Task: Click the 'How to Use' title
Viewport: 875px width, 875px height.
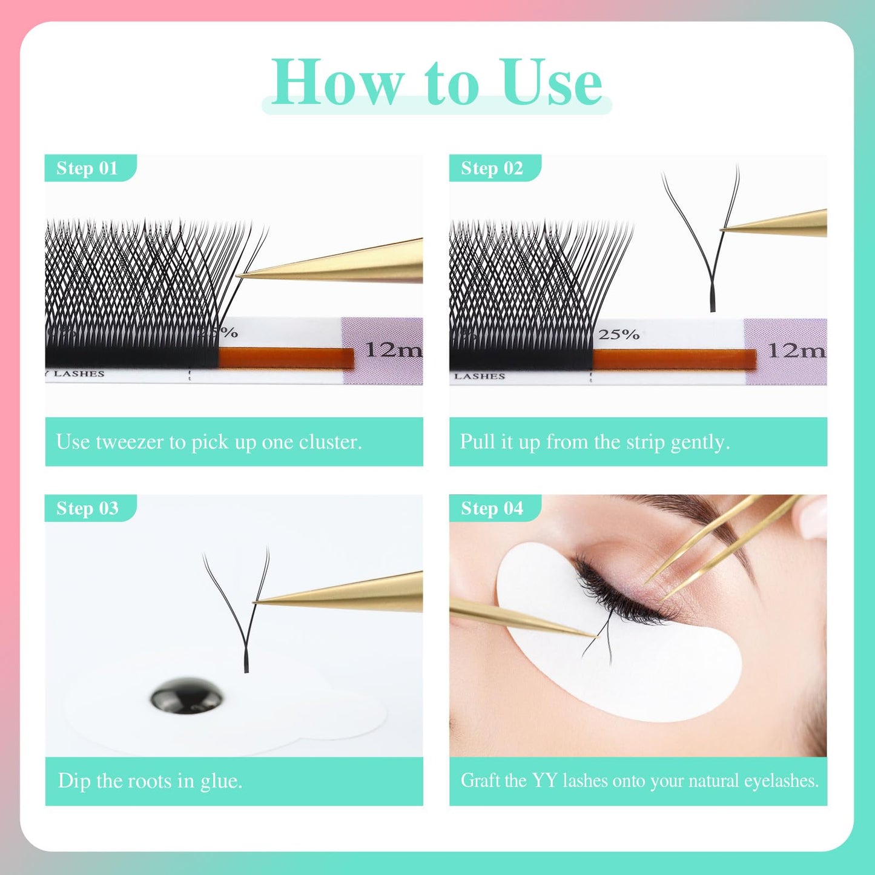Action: pyautogui.click(x=436, y=82)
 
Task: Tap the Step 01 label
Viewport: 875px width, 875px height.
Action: pyautogui.click(x=87, y=168)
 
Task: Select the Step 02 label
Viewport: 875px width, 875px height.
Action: pyautogui.click(x=492, y=168)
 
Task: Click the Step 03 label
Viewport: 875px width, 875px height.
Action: pyautogui.click(x=87, y=508)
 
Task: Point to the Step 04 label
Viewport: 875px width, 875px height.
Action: pyautogui.click(x=492, y=508)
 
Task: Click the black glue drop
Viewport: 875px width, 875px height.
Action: pyautogui.click(x=187, y=695)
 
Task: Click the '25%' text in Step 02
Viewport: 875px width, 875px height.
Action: pyautogui.click(x=619, y=334)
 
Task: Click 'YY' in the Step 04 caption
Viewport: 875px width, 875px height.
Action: pyautogui.click(x=544, y=781)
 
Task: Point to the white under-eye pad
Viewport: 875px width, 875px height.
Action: pyautogui.click(x=654, y=678)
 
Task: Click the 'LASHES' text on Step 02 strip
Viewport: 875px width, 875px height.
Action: pyautogui.click(x=480, y=376)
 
